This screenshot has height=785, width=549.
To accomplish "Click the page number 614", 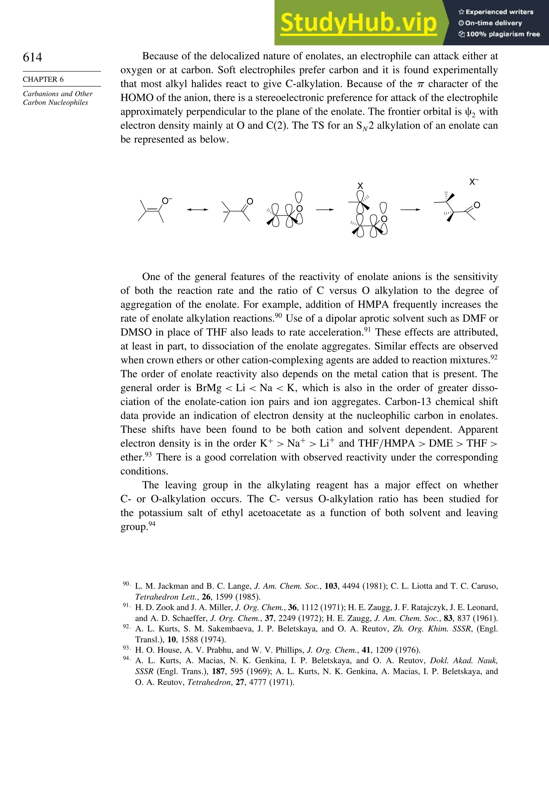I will point(32,57).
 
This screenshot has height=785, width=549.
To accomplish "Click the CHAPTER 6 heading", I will point(43,79).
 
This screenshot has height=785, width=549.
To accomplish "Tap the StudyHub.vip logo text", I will point(358,23).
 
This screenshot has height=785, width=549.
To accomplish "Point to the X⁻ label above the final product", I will point(473,182).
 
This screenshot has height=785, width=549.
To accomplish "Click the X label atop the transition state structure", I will point(360,186).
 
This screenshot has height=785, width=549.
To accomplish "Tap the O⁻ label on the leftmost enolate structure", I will point(167,201).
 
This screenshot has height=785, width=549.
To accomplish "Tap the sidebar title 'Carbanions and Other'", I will point(58,94).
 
